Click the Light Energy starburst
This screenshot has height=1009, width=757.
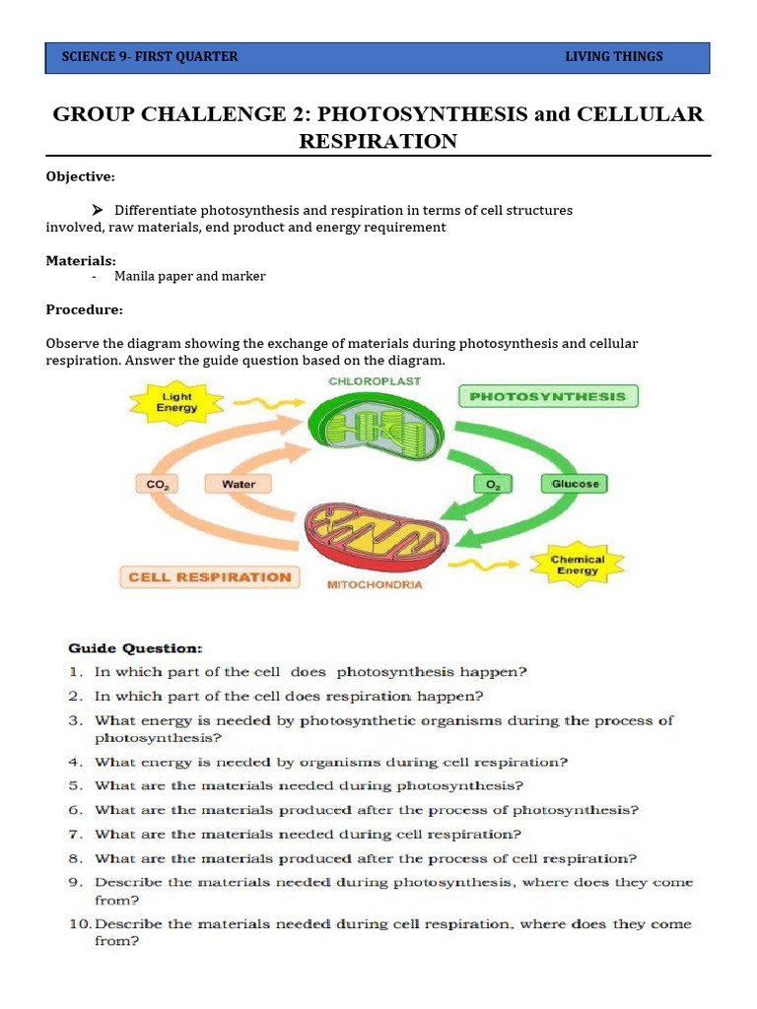tap(177, 402)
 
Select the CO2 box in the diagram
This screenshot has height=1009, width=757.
tap(156, 484)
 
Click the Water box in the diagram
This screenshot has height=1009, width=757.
tap(238, 484)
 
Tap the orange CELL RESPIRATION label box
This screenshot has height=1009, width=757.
tap(210, 577)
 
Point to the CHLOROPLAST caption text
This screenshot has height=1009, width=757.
tap(375, 380)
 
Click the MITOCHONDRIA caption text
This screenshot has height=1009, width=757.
tap(375, 584)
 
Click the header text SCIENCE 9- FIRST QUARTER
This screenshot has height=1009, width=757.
tap(150, 56)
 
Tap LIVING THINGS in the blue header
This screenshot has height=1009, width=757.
tap(613, 56)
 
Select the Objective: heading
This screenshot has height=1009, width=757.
tap(81, 176)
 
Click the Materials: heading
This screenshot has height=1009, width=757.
tap(81, 260)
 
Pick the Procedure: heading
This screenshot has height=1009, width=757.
tap(84, 309)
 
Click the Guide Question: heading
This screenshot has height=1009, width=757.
tap(135, 648)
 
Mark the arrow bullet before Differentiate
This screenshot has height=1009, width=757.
tap(98, 210)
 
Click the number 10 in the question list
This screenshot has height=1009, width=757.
tap(80, 924)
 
